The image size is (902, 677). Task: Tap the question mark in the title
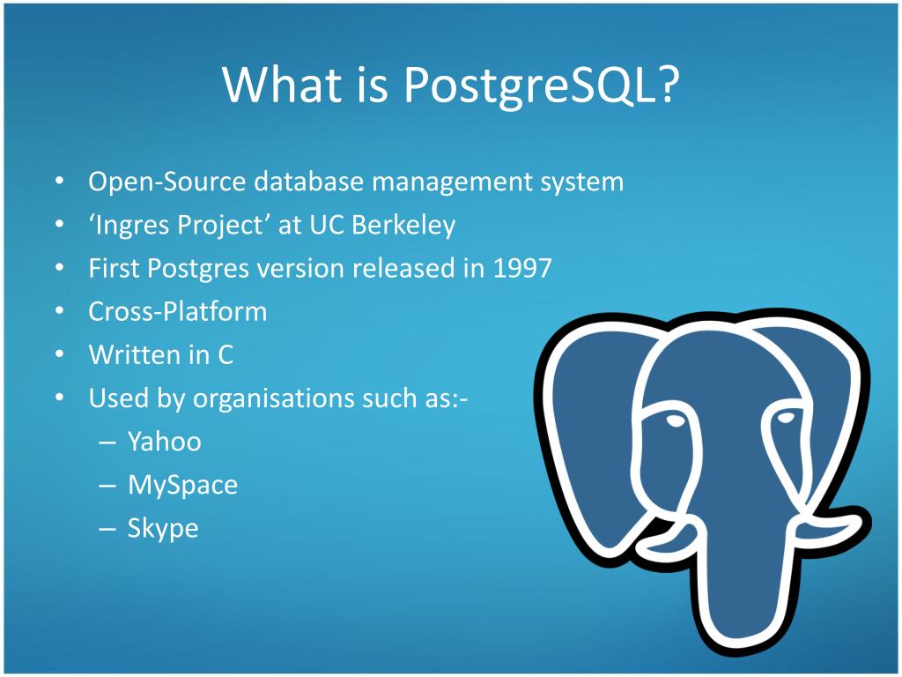pyautogui.click(x=669, y=86)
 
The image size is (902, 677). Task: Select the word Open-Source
pyautogui.click(x=167, y=182)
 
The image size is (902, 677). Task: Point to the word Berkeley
pyautogui.click(x=403, y=226)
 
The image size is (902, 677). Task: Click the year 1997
pyautogui.click(x=522, y=268)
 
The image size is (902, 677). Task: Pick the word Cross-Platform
pyautogui.click(x=177, y=311)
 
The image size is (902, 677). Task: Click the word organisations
pyautogui.click(x=274, y=398)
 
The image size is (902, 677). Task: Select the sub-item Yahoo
pyautogui.click(x=164, y=441)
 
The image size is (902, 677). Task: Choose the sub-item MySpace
pyautogui.click(x=182, y=485)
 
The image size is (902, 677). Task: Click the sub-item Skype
pyautogui.click(x=163, y=528)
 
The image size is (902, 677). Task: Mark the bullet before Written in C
pyautogui.click(x=58, y=354)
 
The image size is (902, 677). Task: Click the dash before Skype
pyautogui.click(x=107, y=528)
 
